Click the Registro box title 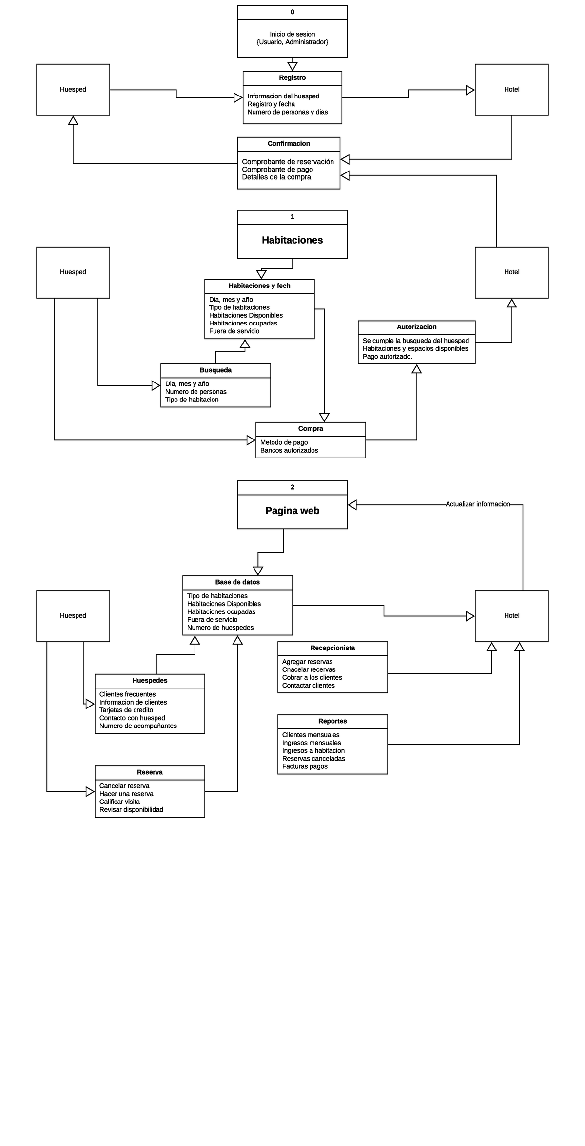pyautogui.click(x=292, y=78)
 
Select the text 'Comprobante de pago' pyautogui.click(x=277, y=170)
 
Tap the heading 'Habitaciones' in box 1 pyautogui.click(x=292, y=240)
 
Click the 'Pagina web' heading pyautogui.click(x=292, y=511)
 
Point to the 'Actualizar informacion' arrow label pyautogui.click(x=477, y=504)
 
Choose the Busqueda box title pyautogui.click(x=215, y=370)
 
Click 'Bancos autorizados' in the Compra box pyautogui.click(x=289, y=450)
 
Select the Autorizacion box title pyautogui.click(x=416, y=327)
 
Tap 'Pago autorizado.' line pyautogui.click(x=387, y=357)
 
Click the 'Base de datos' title pyautogui.click(x=237, y=582)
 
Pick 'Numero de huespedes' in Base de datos pyautogui.click(x=220, y=628)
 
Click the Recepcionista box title pyautogui.click(x=332, y=648)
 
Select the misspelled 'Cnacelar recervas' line pyautogui.click(x=309, y=670)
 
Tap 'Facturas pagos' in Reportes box pyautogui.click(x=305, y=766)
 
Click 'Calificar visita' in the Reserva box pyautogui.click(x=119, y=802)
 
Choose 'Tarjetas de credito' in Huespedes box pyautogui.click(x=126, y=710)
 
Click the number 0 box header pyautogui.click(x=292, y=12)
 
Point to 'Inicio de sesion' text pyautogui.click(x=292, y=34)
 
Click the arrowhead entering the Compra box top pyautogui.click(x=324, y=418)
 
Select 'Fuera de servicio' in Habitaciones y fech pyautogui.click(x=234, y=331)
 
